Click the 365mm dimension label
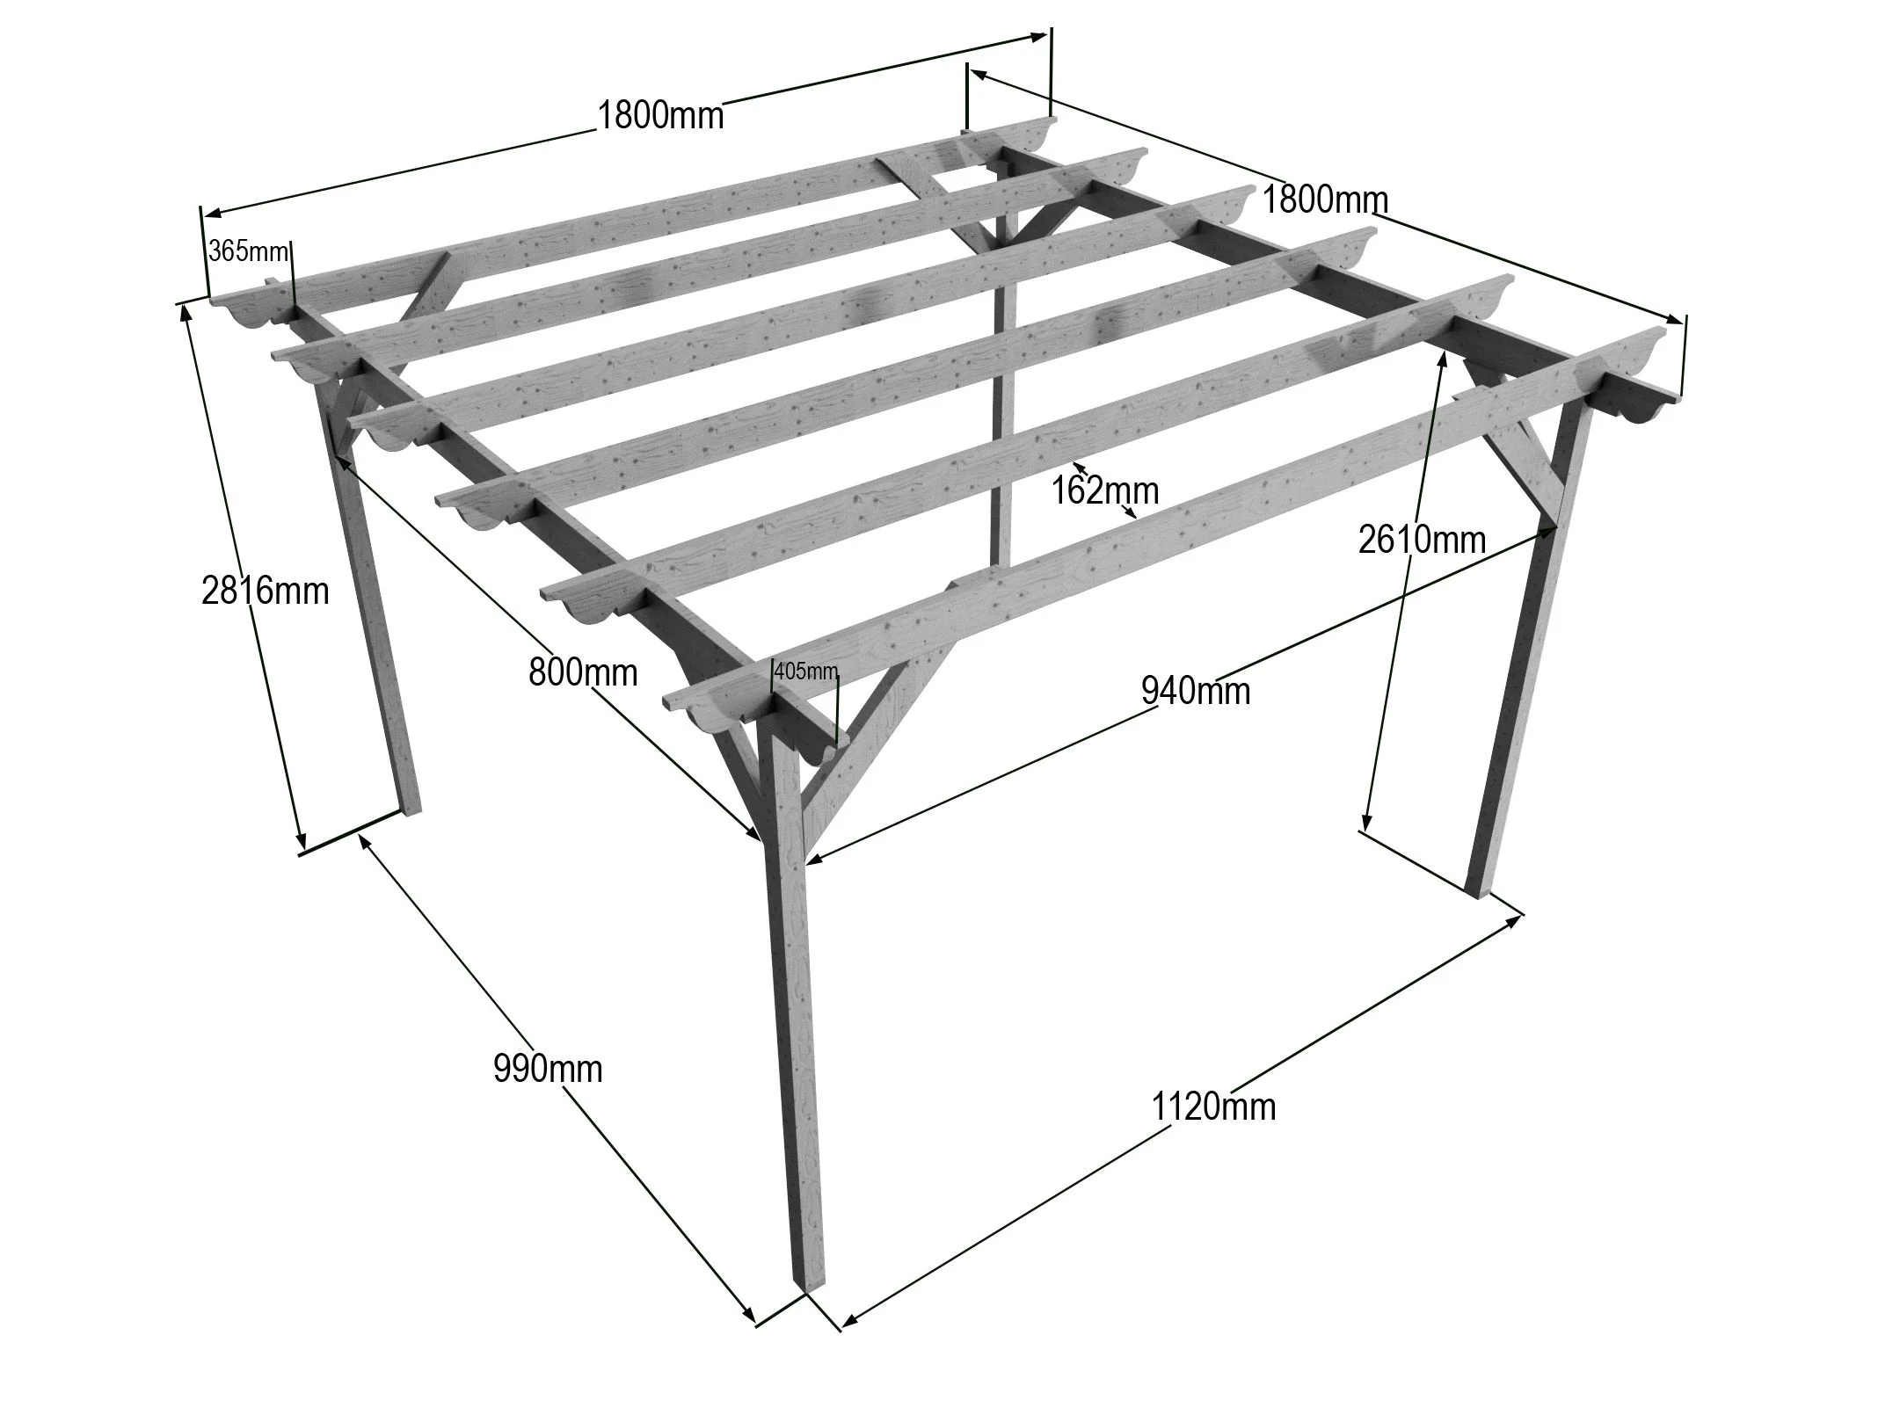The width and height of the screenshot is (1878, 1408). click(248, 252)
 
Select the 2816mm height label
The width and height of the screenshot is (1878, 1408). click(265, 591)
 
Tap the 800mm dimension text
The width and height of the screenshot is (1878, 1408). click(583, 673)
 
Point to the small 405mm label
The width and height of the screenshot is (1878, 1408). click(805, 671)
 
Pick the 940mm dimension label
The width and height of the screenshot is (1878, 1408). click(1196, 691)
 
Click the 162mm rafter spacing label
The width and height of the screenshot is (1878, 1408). click(1105, 490)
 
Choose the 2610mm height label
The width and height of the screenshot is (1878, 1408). click(1422, 539)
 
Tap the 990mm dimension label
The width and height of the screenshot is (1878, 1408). click(548, 1070)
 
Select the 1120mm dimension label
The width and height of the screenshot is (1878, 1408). click(1213, 1106)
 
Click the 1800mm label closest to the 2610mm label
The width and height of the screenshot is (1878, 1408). click(1325, 200)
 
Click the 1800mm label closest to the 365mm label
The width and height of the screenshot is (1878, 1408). click(660, 115)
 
